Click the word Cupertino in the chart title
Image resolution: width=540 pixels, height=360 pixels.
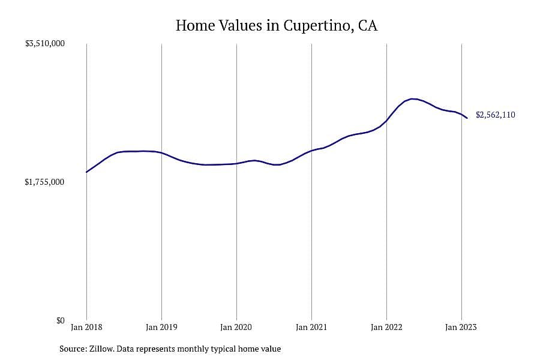click(x=316, y=26)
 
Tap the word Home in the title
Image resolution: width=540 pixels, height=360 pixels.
click(x=195, y=25)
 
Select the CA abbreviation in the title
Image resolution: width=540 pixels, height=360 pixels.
click(x=367, y=25)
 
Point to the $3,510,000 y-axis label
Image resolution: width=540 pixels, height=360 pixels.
click(x=45, y=44)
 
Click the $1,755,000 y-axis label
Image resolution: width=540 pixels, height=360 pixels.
click(x=44, y=182)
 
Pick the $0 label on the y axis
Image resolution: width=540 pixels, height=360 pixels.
click(x=60, y=321)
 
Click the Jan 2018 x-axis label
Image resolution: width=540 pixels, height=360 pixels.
click(x=86, y=327)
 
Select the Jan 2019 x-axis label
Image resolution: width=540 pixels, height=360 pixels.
click(x=161, y=327)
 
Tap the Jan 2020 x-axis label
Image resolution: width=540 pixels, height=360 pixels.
click(x=236, y=327)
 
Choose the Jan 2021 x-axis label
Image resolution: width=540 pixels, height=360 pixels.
click(x=311, y=327)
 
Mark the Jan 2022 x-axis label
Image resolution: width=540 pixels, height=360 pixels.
click(x=386, y=327)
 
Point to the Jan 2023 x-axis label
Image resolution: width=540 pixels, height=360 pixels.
click(x=461, y=327)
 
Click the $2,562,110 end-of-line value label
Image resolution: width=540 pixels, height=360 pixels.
click(x=496, y=115)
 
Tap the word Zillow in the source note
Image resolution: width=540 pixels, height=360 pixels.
click(x=101, y=349)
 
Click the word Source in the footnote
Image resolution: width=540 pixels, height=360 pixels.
click(x=73, y=349)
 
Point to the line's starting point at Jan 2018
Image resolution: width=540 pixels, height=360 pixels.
click(x=86, y=172)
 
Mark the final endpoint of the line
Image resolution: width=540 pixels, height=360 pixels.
click(x=467, y=118)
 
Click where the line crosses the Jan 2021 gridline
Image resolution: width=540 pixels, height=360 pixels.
click(x=311, y=151)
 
